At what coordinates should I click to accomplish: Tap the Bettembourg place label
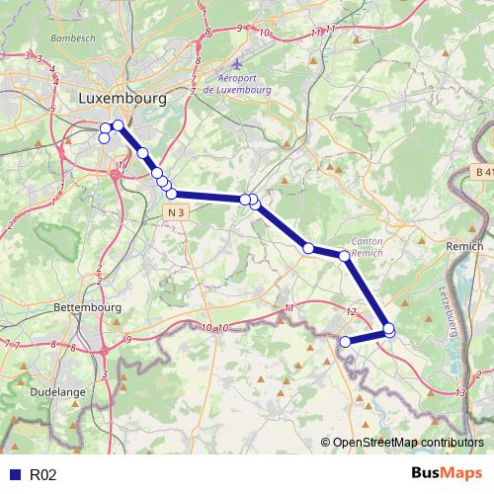(85, 308)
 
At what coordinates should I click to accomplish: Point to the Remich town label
(464, 246)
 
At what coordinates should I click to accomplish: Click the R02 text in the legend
(42, 475)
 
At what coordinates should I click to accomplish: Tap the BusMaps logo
(447, 474)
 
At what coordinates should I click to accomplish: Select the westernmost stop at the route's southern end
(346, 342)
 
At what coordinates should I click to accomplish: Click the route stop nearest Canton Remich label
(345, 256)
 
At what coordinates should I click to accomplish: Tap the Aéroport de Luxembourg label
(236, 84)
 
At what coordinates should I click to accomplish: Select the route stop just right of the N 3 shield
(244, 200)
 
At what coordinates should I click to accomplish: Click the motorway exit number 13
(461, 393)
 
